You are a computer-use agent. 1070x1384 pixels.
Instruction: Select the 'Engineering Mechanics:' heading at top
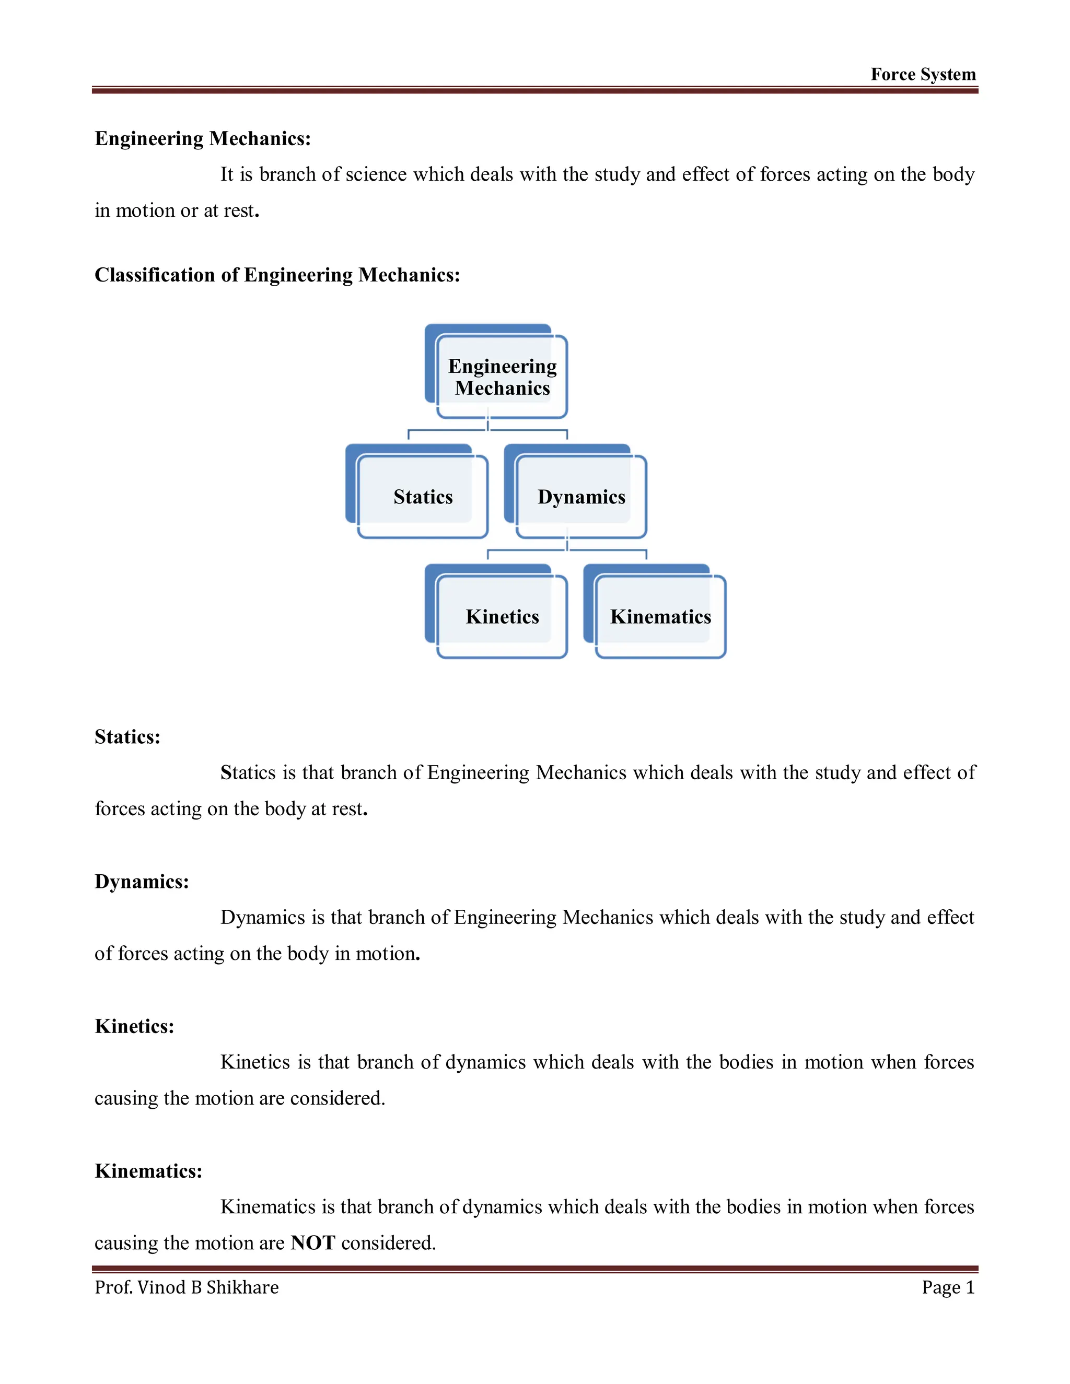point(203,139)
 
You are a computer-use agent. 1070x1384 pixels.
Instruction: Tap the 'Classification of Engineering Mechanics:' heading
point(277,275)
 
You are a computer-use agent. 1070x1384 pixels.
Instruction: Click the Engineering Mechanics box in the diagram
point(502,377)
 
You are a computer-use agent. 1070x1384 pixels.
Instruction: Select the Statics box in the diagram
point(423,497)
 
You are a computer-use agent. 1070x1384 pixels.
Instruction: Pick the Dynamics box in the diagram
point(581,497)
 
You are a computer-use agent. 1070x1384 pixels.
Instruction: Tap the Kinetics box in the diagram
point(502,617)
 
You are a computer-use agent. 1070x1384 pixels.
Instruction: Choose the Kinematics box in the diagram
point(660,617)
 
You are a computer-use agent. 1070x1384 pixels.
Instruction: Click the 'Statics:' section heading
point(127,737)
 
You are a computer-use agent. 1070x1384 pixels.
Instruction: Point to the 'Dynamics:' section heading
point(142,882)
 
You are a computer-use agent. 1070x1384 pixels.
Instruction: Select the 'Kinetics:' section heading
point(134,1026)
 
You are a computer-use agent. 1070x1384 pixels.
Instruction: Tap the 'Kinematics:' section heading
point(148,1171)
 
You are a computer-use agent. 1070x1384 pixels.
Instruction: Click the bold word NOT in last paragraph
point(312,1242)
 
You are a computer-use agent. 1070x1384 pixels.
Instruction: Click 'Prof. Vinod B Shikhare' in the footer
point(187,1288)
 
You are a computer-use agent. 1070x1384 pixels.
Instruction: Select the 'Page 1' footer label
point(948,1288)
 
